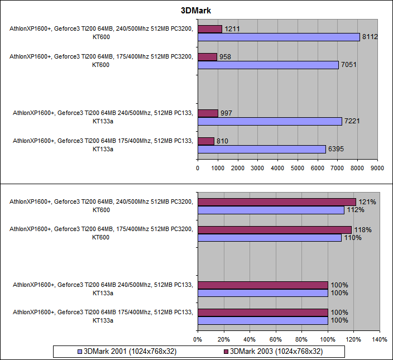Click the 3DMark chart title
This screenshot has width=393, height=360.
tap(196, 10)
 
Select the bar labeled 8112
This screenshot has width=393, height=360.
tap(279, 37)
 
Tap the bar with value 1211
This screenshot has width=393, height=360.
tap(210, 28)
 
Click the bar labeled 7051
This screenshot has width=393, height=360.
tap(268, 65)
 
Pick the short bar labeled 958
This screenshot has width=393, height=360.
tap(207, 56)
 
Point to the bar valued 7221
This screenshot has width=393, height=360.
tap(270, 121)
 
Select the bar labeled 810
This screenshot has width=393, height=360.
tap(206, 141)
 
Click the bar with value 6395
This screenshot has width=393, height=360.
tap(261, 149)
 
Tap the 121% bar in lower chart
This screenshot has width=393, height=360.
tap(276, 201)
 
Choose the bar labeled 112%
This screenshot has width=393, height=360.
tap(270, 210)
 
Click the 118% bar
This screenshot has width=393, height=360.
tap(274, 229)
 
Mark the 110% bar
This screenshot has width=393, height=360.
tap(269, 238)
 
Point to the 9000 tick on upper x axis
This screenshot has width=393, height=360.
tap(377, 167)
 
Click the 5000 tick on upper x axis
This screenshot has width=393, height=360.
tap(298, 167)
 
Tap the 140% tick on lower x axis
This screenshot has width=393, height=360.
tap(379, 339)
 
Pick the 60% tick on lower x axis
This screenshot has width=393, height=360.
tap(275, 339)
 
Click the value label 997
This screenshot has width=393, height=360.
tap(227, 113)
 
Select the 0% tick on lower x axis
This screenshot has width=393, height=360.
tap(198, 339)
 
